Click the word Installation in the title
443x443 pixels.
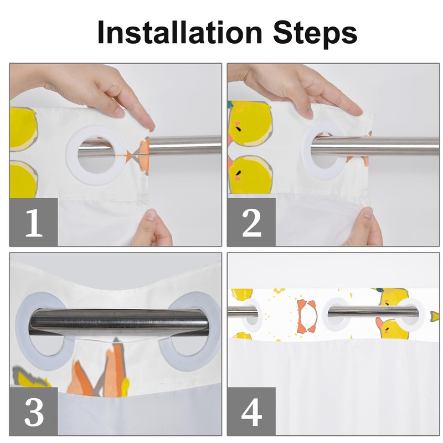179,33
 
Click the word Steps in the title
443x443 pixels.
315,35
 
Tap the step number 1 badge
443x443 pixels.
34,222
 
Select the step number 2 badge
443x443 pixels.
251,222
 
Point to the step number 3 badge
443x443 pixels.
34,411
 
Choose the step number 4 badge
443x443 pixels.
251,411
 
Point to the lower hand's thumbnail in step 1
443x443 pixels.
152,215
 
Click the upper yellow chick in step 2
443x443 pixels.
250,124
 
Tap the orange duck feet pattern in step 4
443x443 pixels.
307,316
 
